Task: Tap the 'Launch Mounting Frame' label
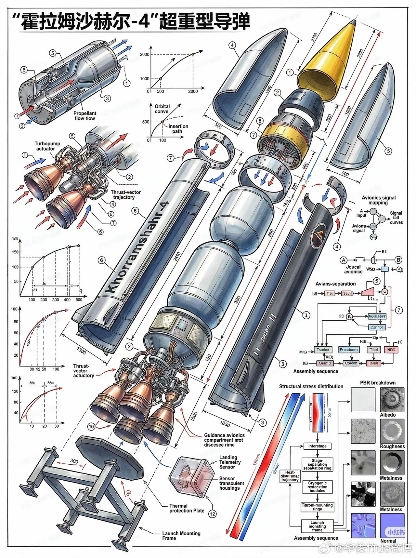tap(181, 536)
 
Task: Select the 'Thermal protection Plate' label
tap(187, 508)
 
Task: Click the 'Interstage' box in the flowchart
tap(317, 446)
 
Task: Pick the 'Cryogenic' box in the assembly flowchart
tap(317, 487)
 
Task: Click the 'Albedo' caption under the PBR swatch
tap(388, 415)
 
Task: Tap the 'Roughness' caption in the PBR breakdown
tap(392, 446)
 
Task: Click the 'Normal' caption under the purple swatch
tap(388, 541)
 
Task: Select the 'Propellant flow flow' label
tap(85, 116)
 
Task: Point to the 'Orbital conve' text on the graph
tap(162, 109)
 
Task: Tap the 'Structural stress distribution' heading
tap(311, 386)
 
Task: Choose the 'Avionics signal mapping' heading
tap(379, 200)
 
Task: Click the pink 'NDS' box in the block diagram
tap(391, 350)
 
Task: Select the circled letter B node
tap(398, 260)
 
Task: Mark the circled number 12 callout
tap(212, 514)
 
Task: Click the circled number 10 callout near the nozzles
tap(91, 426)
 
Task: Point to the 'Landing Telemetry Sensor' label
tap(230, 462)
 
